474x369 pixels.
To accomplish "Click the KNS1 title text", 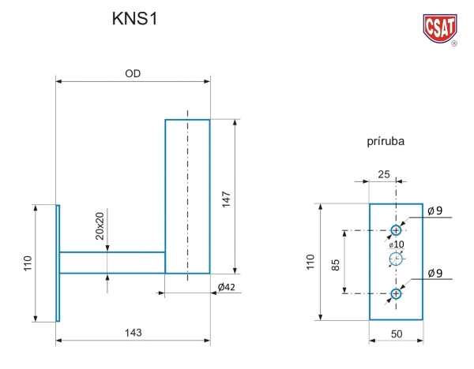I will click(x=135, y=20).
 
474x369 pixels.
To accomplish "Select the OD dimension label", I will click(x=133, y=73).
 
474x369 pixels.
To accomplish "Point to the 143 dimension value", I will click(x=133, y=334).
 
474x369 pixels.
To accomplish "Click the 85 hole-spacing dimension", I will click(x=336, y=262).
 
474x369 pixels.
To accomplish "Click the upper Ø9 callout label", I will click(x=434, y=210).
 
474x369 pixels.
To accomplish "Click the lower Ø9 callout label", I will click(x=434, y=273).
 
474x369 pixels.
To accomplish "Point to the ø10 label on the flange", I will click(x=396, y=244).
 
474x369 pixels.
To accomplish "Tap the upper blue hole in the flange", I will click(x=396, y=230).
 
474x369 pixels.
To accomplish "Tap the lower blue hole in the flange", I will click(x=396, y=294).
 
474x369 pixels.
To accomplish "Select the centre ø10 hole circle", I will click(x=396, y=259).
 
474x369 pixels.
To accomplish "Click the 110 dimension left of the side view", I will click(x=27, y=263).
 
